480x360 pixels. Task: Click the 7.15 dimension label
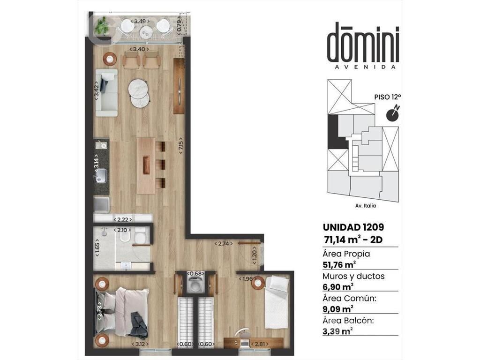pyautogui.click(x=181, y=145)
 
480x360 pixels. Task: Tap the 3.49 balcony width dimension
pyautogui.click(x=140, y=21)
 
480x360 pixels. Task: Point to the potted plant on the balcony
pyautogui.click(x=101, y=25)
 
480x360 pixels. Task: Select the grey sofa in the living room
pyautogui.click(x=106, y=92)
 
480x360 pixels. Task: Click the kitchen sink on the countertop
pyautogui.click(x=101, y=176)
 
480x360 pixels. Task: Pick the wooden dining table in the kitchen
pyautogui.click(x=146, y=165)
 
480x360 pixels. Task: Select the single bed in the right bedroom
pyautogui.click(x=277, y=302)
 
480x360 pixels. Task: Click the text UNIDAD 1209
pyautogui.click(x=353, y=227)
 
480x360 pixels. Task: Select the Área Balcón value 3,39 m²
pyautogui.click(x=337, y=331)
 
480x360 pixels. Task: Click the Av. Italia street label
pyautogui.click(x=366, y=206)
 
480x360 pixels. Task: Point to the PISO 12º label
pyautogui.click(x=388, y=97)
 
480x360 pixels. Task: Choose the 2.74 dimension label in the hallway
pyautogui.click(x=224, y=244)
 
